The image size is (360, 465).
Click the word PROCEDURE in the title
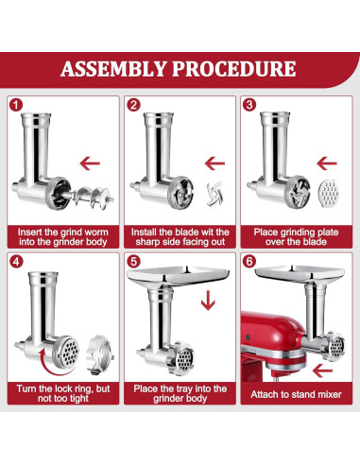pos(231,69)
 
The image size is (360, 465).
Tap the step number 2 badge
pos(134,106)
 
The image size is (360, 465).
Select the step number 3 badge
pos(249,106)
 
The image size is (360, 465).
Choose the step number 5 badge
pos(134,259)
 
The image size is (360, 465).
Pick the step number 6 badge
pos(249,259)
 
